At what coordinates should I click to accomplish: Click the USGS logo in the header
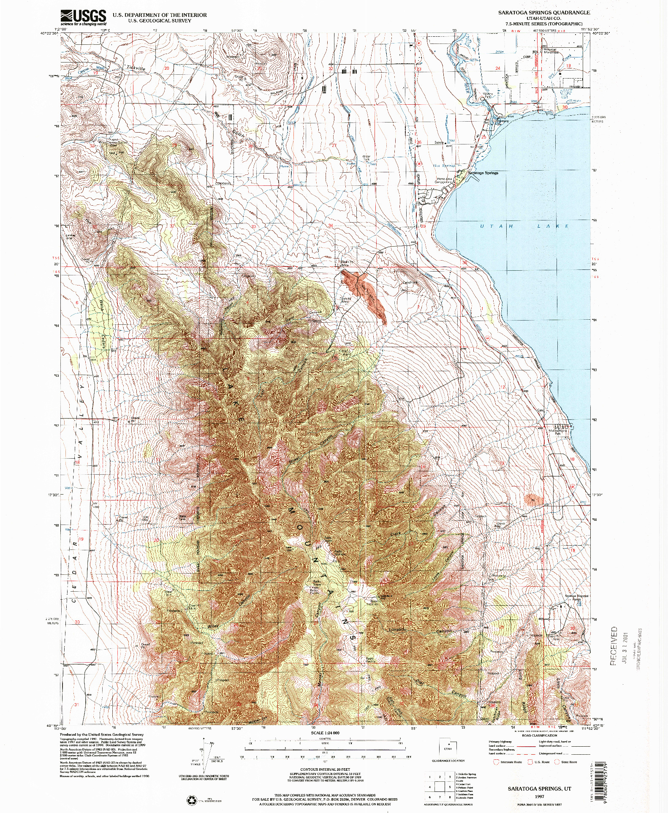83,17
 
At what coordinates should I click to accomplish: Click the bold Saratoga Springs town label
483,173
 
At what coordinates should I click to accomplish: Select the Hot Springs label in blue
443,166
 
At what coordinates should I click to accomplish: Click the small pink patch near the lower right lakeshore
532,500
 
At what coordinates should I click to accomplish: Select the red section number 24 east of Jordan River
497,68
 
